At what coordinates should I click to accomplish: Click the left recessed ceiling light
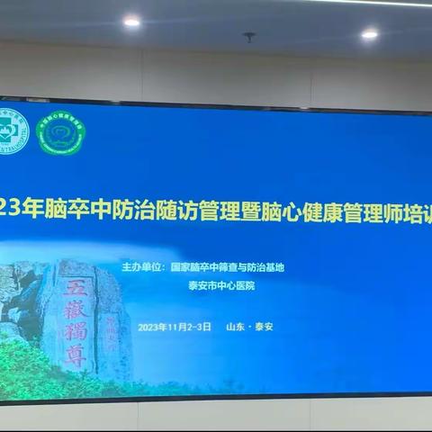[131, 22]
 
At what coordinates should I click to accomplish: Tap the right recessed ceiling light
[370, 34]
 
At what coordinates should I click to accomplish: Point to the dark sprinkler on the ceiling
[249, 38]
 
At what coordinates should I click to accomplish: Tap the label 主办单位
[141, 267]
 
